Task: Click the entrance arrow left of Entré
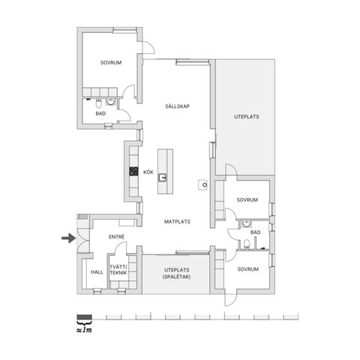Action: tap(69, 238)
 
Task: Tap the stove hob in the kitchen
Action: tap(133, 171)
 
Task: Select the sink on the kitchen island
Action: tap(162, 178)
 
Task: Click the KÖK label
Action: tap(148, 172)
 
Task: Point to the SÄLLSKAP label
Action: tap(177, 106)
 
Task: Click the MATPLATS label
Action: tap(177, 221)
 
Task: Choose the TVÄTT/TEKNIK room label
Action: tap(118, 269)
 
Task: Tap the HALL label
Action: tap(97, 272)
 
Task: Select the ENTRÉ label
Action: tap(116, 236)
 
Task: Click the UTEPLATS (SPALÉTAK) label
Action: tap(177, 273)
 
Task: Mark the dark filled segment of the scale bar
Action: tap(84, 317)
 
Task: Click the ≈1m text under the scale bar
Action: tap(84, 330)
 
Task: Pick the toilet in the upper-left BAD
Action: tap(98, 103)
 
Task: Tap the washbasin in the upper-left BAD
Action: tap(110, 101)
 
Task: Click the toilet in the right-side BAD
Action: tap(247, 244)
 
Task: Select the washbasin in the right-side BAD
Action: tap(247, 223)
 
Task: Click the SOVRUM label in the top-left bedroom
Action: tap(111, 62)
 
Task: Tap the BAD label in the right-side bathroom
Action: tap(256, 232)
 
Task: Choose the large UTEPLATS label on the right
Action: tap(247, 117)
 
